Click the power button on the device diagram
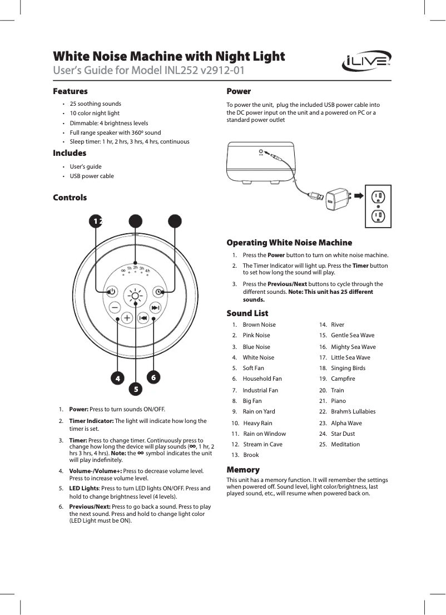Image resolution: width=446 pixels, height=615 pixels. (x=111, y=291)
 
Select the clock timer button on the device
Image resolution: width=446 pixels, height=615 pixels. (x=158, y=291)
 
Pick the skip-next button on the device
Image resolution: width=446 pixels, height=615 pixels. (x=155, y=308)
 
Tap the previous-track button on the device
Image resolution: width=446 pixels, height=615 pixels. (x=143, y=317)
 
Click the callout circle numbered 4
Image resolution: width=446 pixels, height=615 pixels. (x=117, y=377)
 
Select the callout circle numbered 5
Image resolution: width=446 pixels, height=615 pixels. (x=135, y=387)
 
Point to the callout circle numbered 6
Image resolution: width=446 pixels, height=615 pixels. (x=153, y=377)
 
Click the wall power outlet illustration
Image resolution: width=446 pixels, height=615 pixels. (x=378, y=206)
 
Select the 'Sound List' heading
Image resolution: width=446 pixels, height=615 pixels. (x=247, y=313)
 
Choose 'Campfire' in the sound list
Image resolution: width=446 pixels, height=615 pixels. (x=341, y=379)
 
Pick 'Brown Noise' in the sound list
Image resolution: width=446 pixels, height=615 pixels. (x=259, y=324)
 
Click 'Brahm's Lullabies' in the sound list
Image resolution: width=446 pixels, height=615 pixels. (x=353, y=411)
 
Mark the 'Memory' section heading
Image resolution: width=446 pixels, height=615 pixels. (x=243, y=470)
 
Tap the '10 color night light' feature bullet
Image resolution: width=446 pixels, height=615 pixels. (x=95, y=113)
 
